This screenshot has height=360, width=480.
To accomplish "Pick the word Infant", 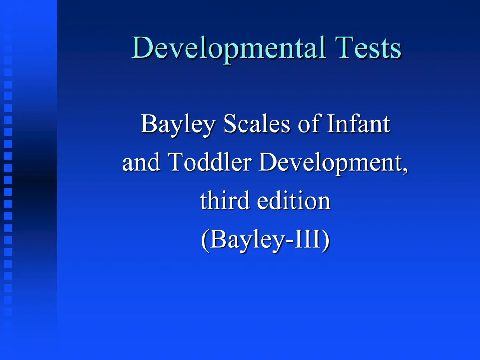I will tap(358, 124).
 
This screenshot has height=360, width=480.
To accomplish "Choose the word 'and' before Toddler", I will tap(142, 163).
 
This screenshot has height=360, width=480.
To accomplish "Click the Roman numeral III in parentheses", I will tap(306, 240).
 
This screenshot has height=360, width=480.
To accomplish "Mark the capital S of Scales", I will tap(230, 124).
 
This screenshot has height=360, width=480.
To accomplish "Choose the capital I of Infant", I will tap(330, 124).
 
